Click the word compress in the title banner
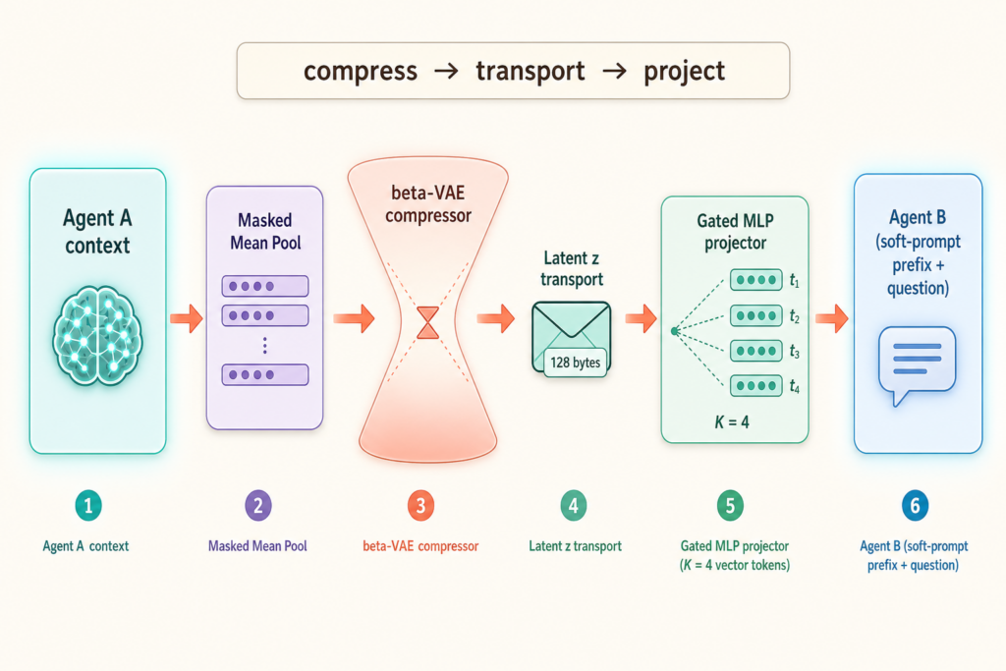click(360, 72)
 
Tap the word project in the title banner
click(684, 72)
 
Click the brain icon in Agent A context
click(97, 336)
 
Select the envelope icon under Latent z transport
click(571, 338)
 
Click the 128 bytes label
click(576, 363)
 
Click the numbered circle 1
click(88, 506)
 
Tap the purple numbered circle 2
click(258, 506)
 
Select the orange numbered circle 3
click(420, 506)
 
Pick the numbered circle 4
click(574, 506)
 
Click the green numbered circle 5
click(730, 506)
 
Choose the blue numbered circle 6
click(915, 506)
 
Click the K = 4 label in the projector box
click(732, 422)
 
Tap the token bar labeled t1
click(756, 280)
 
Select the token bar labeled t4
click(756, 385)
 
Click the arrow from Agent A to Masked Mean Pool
click(186, 318)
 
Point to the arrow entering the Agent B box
click(831, 318)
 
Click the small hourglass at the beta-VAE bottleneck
click(428, 322)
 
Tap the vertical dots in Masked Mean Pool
click(265, 346)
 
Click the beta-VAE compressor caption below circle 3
click(420, 546)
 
